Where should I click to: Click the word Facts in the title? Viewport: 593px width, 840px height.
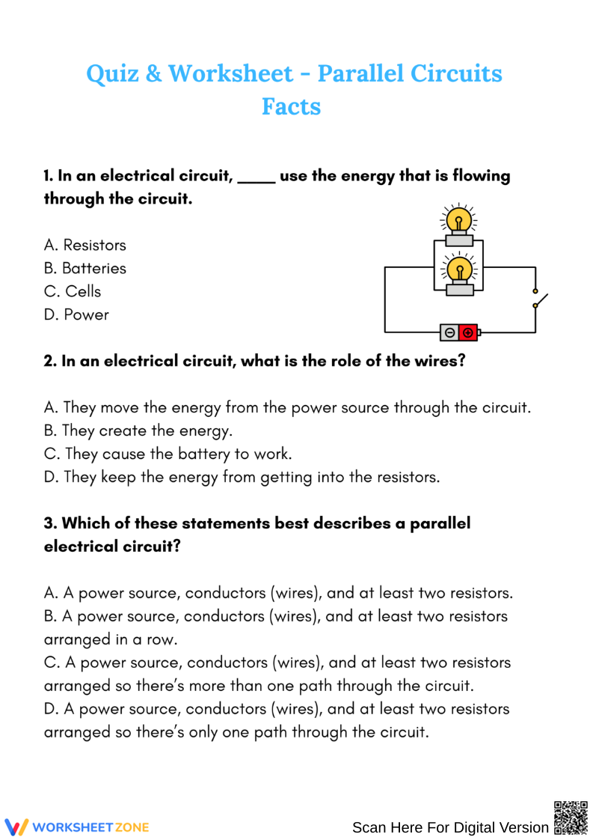(291, 106)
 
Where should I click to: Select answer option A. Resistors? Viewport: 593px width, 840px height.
(85, 245)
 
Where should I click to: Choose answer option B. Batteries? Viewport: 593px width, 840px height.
(85, 268)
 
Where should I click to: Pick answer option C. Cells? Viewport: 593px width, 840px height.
(73, 291)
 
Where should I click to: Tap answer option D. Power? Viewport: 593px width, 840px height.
(76, 314)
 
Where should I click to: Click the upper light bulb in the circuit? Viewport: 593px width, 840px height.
(459, 220)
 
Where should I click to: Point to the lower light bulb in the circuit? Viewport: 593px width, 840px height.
(459, 270)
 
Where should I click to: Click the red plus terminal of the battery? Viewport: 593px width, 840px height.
(468, 332)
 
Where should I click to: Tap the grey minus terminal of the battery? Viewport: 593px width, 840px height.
(449, 332)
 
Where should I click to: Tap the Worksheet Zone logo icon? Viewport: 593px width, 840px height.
(16, 827)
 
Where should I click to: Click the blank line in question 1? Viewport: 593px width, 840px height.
(256, 177)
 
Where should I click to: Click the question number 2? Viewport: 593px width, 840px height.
(50, 361)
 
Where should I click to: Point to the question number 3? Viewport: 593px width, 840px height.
(50, 523)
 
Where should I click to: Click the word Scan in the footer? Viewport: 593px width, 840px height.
(369, 827)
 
